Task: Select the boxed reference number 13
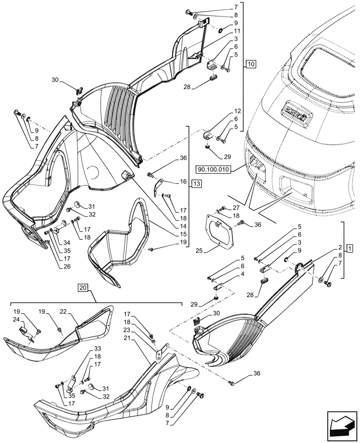pyautogui.click(x=196, y=183)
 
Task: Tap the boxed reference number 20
pyautogui.click(x=83, y=288)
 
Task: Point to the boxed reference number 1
pyautogui.click(x=350, y=246)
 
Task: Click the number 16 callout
pyautogui.click(x=183, y=182)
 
